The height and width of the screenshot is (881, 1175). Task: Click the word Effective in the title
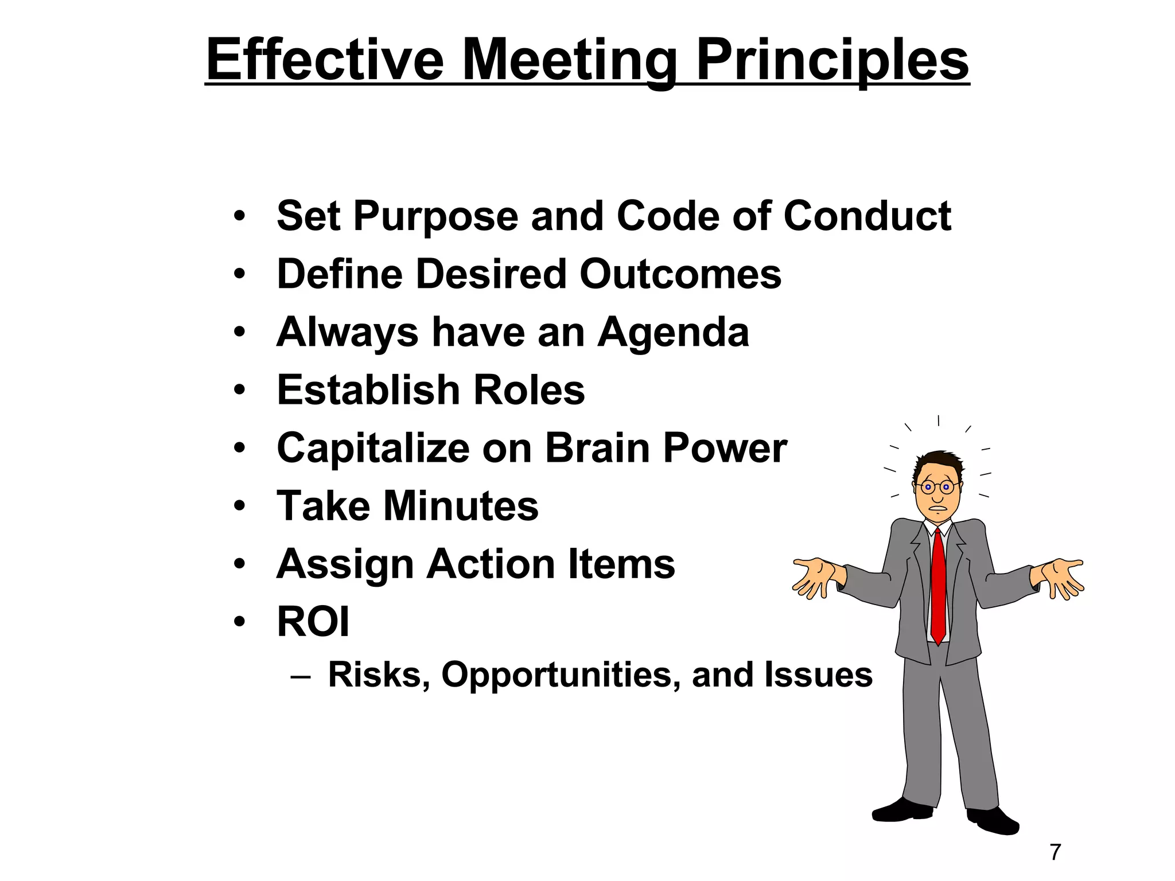(325, 60)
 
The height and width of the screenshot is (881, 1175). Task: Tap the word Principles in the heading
(832, 60)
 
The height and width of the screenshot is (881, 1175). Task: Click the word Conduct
(867, 216)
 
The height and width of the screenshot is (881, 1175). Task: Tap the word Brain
(597, 448)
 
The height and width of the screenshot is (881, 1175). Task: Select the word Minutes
(461, 506)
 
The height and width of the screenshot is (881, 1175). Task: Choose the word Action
(491, 564)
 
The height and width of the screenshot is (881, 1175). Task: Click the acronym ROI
(313, 622)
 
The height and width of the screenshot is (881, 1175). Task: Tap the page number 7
(1055, 852)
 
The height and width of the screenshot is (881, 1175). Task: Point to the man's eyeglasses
(936, 488)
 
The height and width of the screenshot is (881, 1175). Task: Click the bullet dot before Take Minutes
(240, 507)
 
